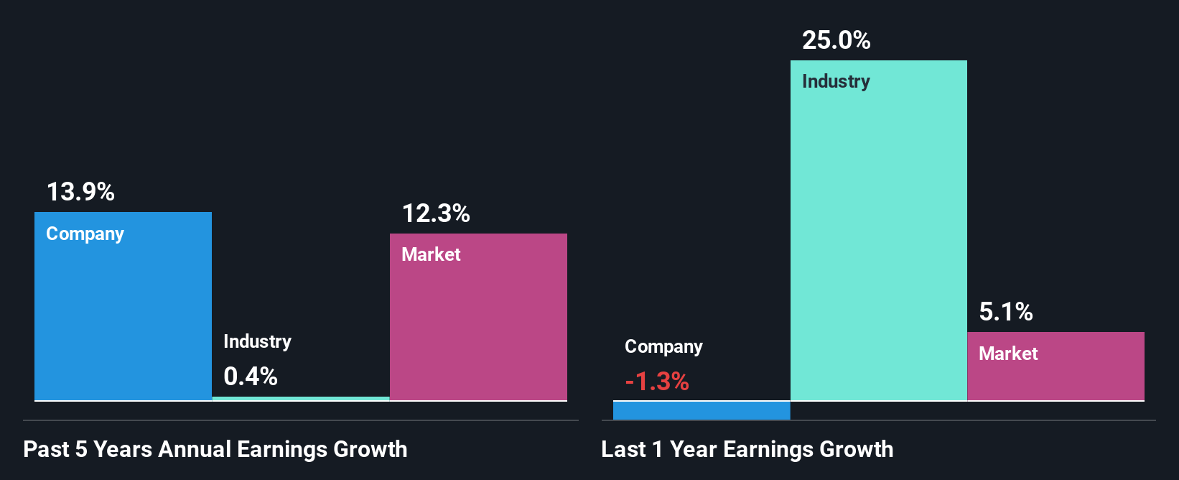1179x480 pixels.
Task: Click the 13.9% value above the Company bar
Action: pyautogui.click(x=80, y=192)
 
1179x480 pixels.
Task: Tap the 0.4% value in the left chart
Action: pyautogui.click(x=250, y=377)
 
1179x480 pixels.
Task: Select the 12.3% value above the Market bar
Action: pyautogui.click(x=435, y=213)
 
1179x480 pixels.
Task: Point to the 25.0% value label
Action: pyautogui.click(x=836, y=40)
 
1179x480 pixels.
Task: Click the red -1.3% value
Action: pyautogui.click(x=656, y=382)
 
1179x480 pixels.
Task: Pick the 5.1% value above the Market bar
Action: pyautogui.click(x=1005, y=312)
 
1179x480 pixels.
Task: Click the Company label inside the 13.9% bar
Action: pyautogui.click(x=85, y=234)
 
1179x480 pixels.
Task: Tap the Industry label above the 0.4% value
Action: pyautogui.click(x=257, y=341)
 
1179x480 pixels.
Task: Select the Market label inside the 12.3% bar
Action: pyautogui.click(x=431, y=254)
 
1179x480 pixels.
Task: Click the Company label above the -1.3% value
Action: pyautogui.click(x=663, y=347)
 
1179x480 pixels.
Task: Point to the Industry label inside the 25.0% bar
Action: pyautogui.click(x=836, y=82)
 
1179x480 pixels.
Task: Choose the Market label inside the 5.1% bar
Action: pyautogui.click(x=1008, y=354)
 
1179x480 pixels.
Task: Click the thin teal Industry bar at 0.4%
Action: pyautogui.click(x=301, y=398)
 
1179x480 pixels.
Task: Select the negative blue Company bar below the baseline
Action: pyautogui.click(x=701, y=410)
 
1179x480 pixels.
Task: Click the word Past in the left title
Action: pyautogui.click(x=46, y=450)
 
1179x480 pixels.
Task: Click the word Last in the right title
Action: pyautogui.click(x=623, y=450)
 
